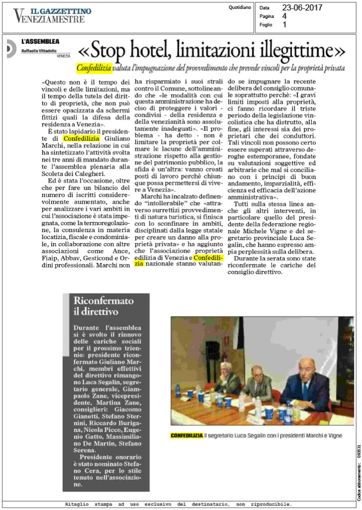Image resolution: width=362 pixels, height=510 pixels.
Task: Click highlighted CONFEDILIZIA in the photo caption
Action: pyautogui.click(x=186, y=436)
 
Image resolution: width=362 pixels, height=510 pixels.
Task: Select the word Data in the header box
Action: pyautogui.click(x=264, y=8)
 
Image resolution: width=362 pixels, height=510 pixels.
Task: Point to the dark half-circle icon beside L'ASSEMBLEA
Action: pyautogui.click(x=10, y=48)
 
